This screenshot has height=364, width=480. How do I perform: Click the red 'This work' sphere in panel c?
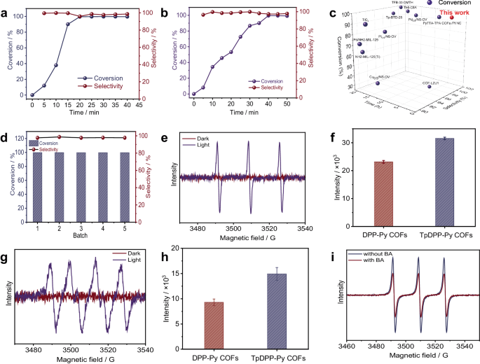[452, 17]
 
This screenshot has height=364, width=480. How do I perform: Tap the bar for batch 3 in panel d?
[81, 187]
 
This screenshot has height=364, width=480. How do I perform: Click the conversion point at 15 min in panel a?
[68, 24]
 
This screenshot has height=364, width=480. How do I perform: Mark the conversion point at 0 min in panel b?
[193, 94]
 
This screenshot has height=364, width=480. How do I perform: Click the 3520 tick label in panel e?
[275, 227]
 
